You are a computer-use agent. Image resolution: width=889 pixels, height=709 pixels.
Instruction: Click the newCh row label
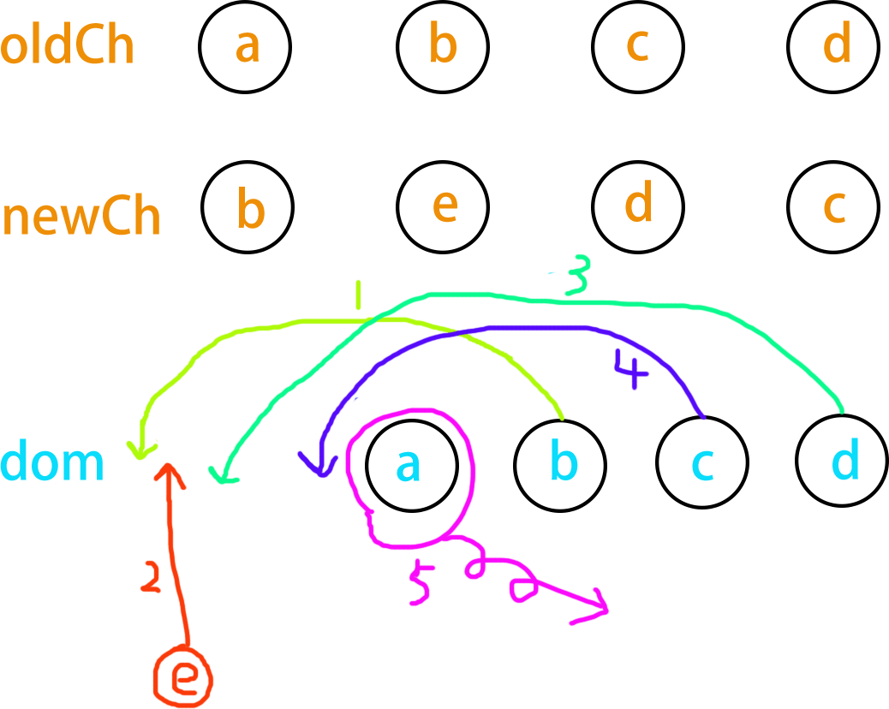click(81, 217)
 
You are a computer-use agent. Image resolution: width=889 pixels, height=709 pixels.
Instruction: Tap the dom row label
click(52, 462)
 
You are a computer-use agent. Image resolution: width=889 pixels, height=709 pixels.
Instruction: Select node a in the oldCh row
click(246, 45)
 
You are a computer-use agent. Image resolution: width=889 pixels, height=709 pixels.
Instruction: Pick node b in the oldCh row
click(443, 45)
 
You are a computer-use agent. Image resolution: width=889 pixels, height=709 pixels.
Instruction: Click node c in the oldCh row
click(637, 45)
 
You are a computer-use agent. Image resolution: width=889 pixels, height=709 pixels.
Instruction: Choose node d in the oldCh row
click(835, 45)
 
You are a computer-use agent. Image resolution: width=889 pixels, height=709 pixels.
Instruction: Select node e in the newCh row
click(443, 206)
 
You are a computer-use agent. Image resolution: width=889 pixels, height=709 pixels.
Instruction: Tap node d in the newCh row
click(638, 205)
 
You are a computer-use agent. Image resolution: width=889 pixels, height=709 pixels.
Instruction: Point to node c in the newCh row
click(833, 206)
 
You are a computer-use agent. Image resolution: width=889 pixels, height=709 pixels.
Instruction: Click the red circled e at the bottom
click(181, 676)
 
